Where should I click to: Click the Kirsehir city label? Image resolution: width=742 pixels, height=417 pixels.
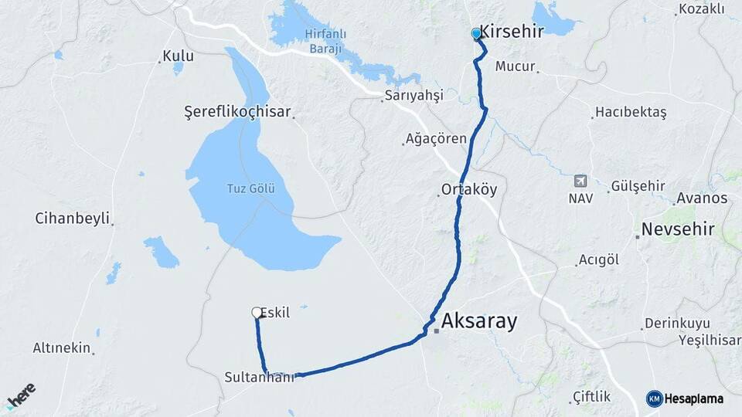tap(512, 31)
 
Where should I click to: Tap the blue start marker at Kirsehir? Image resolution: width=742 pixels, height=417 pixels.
tap(477, 34)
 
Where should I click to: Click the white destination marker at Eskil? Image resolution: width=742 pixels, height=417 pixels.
tap(257, 312)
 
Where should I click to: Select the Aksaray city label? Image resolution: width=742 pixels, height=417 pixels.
tap(479, 321)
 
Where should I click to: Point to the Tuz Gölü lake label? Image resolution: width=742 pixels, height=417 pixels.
tap(250, 188)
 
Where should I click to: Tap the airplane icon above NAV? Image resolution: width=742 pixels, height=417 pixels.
tap(580, 181)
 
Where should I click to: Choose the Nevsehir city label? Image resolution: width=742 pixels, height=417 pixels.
tap(678, 229)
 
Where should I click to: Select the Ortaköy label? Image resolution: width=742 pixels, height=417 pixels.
tap(469, 189)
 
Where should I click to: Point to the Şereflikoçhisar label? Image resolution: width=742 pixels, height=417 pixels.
tap(237, 111)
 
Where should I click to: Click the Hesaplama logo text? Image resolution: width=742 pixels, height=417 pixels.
tap(694, 398)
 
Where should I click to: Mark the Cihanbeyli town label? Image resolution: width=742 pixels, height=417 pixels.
tap(72, 218)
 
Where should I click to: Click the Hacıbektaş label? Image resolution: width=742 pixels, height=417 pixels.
tap(631, 112)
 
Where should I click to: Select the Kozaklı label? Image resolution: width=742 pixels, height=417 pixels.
tap(701, 9)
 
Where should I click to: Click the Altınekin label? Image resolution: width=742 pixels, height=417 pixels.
tap(62, 348)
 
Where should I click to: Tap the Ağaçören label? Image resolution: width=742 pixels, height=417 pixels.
tap(437, 140)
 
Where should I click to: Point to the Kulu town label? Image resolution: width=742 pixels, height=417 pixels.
tap(178, 56)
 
